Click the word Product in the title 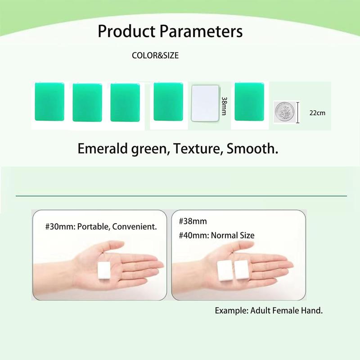(x=126, y=31)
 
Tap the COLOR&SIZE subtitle (x=155, y=55)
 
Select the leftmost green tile (x=49, y=102)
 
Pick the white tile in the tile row (x=205, y=103)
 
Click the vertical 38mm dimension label (x=224, y=106)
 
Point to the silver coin (x=284, y=112)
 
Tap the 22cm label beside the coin (x=317, y=113)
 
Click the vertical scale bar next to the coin (x=298, y=112)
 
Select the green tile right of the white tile (x=249, y=102)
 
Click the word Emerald (x=103, y=148)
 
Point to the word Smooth (x=252, y=148)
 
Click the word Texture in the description (x=198, y=148)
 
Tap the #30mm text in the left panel (x=60, y=227)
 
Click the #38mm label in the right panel (x=193, y=221)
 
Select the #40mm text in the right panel (x=194, y=235)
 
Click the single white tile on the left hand (x=104, y=271)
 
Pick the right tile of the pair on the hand (x=241, y=270)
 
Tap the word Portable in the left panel (x=94, y=227)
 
